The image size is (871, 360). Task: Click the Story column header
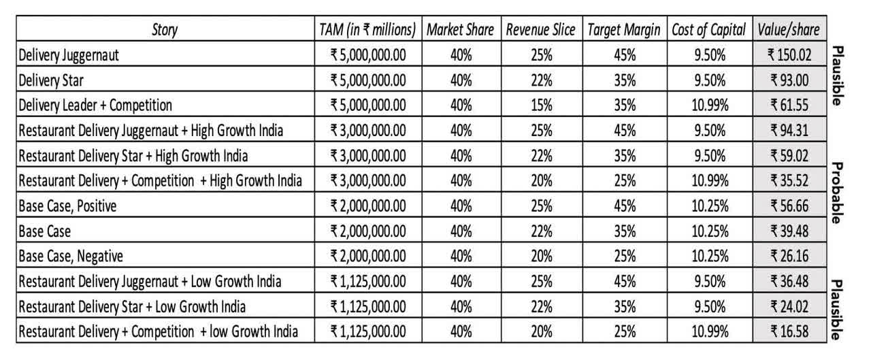(166, 30)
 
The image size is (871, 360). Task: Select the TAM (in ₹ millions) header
(367, 30)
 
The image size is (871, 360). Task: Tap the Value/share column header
(789, 30)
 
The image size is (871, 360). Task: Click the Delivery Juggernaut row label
(69, 55)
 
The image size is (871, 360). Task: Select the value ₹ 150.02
(789, 55)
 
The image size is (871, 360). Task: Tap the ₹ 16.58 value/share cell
(789, 332)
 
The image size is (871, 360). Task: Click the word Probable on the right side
(838, 193)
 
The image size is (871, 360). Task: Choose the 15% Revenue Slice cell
(541, 105)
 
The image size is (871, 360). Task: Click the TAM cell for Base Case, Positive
(367, 206)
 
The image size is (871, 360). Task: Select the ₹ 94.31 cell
(789, 131)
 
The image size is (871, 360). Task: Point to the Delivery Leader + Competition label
(95, 105)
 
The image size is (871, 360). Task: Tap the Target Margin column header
(625, 30)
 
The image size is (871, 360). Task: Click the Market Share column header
(461, 30)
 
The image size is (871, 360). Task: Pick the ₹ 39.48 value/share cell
(789, 231)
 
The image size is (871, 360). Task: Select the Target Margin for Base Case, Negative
(625, 257)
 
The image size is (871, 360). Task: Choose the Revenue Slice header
(541, 30)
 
